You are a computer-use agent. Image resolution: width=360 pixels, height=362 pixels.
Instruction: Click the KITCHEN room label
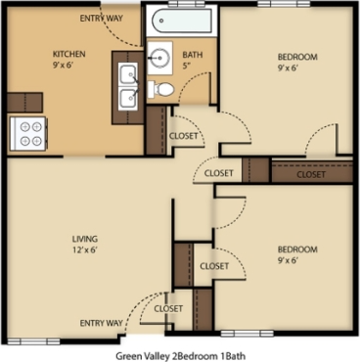tap(68, 53)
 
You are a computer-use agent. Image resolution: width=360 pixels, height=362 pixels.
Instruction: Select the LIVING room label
tap(86, 239)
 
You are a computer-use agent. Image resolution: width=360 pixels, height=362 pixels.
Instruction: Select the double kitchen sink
tap(126, 86)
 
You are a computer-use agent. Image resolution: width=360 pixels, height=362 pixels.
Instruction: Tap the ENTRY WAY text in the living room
tap(101, 322)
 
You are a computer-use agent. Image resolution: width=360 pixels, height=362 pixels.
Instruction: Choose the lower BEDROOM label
tap(295, 249)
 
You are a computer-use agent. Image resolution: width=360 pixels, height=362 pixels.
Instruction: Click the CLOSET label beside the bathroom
tap(183, 136)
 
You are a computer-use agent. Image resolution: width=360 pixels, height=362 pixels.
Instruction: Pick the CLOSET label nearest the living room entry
tap(168, 308)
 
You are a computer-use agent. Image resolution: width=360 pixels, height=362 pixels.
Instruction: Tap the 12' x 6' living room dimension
tap(86, 251)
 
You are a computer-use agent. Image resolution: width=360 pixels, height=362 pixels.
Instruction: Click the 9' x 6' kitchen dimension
tap(68, 66)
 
